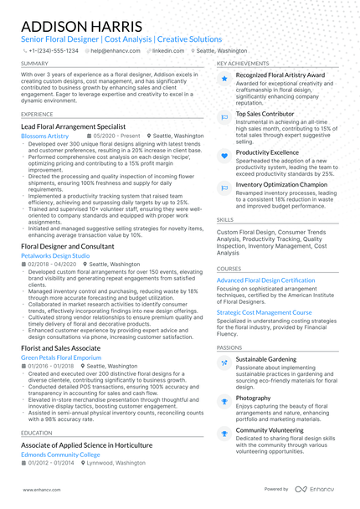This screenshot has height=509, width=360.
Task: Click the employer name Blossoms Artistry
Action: pos(44,136)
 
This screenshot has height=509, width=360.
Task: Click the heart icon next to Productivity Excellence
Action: pos(224,156)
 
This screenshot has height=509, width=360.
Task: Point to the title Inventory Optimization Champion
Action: pos(281,184)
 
